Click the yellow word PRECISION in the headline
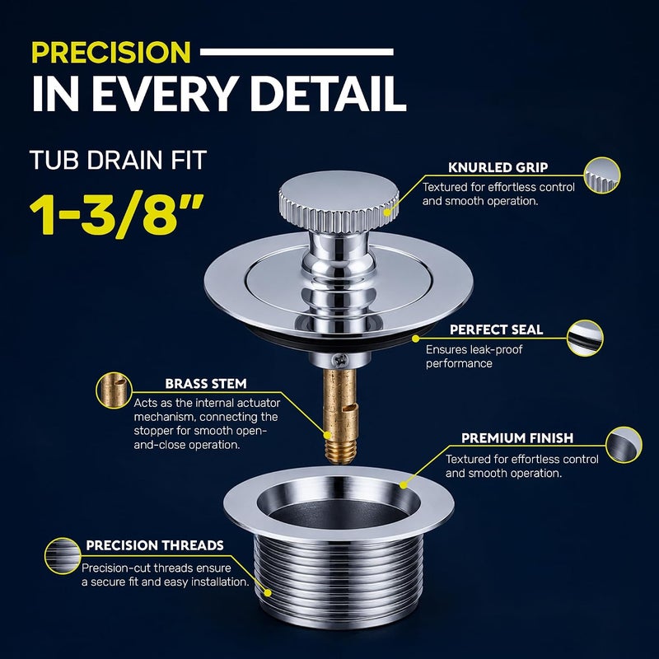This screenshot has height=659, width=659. coord(111,52)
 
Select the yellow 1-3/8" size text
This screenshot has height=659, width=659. coord(116,214)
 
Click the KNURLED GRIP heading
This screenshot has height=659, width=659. coord(498,167)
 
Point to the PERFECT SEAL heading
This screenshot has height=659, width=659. coord(497,329)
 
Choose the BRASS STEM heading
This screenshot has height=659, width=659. coord(206,384)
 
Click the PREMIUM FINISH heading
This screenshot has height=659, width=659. coord(517,438)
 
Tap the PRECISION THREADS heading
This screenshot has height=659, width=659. coord(155,545)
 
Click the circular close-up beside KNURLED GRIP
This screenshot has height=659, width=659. coord(602,175)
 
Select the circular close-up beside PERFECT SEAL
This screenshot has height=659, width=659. coord(585,339)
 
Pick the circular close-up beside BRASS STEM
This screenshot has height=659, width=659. coord(114,390)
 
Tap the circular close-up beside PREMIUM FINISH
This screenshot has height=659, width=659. coord(624,445)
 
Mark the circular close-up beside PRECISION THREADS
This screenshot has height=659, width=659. coord(63,556)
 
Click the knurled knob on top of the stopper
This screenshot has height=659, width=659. coord(339,201)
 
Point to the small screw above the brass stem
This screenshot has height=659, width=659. coord(339,360)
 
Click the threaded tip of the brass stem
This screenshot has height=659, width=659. coord(341,451)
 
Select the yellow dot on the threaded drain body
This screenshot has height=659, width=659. coord(268,592)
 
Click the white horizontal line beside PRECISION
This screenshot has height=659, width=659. coord(297,52)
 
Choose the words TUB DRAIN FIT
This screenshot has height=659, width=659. coord(118,160)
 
